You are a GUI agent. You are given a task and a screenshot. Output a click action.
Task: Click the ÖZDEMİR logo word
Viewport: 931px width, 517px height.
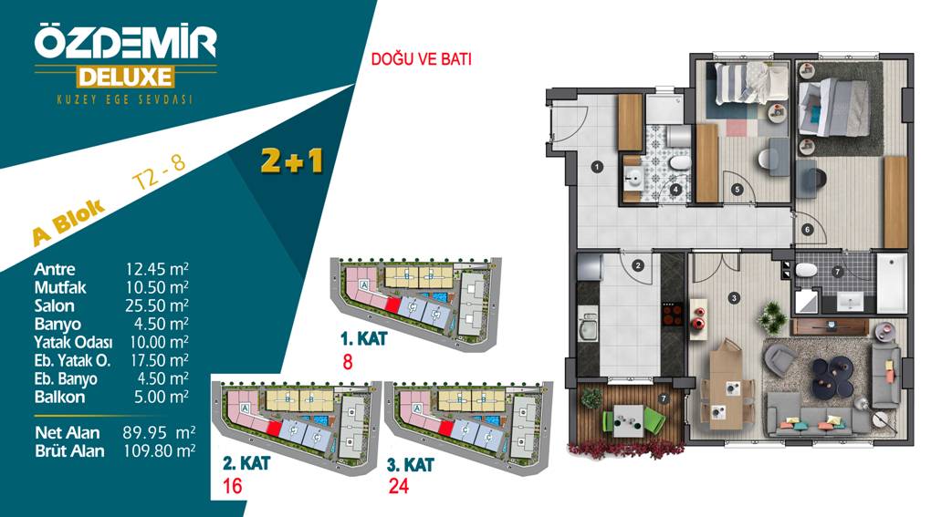click(125, 42)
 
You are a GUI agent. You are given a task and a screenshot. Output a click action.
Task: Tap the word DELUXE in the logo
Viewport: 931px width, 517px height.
click(125, 78)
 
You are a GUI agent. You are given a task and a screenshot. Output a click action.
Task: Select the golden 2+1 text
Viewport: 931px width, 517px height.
click(291, 160)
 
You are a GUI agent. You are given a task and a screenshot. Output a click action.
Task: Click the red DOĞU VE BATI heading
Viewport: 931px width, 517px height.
click(421, 59)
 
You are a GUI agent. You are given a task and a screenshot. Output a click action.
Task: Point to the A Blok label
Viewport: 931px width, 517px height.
click(68, 222)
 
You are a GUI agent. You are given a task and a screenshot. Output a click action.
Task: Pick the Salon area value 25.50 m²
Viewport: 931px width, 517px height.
click(157, 306)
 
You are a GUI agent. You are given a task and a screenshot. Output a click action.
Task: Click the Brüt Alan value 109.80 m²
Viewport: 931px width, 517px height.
click(159, 451)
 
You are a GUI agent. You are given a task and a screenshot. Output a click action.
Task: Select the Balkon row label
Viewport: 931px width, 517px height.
click(59, 398)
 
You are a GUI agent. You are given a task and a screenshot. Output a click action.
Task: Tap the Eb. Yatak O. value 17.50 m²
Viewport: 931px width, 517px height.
click(159, 360)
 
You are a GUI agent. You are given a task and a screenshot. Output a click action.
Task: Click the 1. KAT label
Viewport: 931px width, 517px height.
click(363, 339)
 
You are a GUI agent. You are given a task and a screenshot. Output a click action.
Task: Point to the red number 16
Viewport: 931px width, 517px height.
click(233, 487)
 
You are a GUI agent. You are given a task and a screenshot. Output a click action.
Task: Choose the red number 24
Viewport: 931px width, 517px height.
click(398, 487)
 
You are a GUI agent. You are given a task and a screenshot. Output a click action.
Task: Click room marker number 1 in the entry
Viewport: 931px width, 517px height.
click(597, 167)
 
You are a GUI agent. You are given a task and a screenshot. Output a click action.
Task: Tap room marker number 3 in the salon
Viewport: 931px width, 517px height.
click(735, 298)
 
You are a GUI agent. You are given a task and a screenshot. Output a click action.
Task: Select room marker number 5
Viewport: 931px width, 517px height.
click(737, 190)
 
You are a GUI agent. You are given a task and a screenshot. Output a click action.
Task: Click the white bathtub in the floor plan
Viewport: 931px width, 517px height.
click(892, 283)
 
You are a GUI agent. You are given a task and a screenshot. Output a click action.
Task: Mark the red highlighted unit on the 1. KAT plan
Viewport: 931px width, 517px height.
click(392, 305)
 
